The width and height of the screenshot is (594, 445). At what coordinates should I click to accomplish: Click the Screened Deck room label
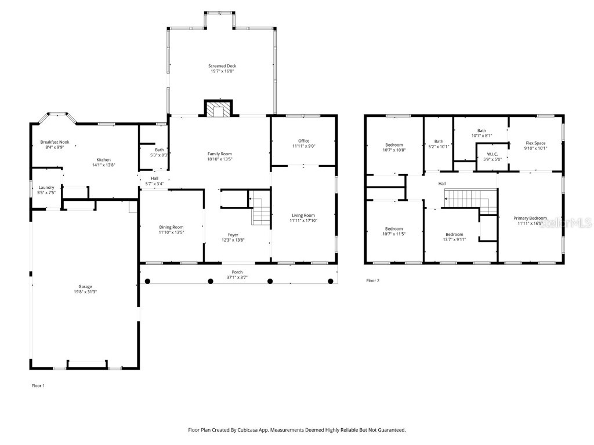[x=222, y=66]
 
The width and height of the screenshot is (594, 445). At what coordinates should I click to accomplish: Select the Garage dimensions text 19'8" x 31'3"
[x=85, y=291]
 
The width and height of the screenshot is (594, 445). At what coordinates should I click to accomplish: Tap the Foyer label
[x=233, y=235]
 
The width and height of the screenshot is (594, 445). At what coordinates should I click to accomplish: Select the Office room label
[x=303, y=141]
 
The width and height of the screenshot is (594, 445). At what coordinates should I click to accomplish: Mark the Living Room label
[x=303, y=215]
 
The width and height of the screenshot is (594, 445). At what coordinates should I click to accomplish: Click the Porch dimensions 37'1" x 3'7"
[x=237, y=278]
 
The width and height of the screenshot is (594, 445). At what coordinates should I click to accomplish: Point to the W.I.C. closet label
[x=492, y=154]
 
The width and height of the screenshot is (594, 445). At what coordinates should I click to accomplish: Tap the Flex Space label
[x=535, y=143]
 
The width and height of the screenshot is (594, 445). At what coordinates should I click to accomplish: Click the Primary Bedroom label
[x=530, y=218]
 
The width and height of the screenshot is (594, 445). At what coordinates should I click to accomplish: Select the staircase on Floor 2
[x=468, y=200]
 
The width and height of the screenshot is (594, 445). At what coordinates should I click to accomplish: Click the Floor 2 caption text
[x=372, y=280]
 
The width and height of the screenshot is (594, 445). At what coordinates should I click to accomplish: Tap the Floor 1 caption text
[x=38, y=385]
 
